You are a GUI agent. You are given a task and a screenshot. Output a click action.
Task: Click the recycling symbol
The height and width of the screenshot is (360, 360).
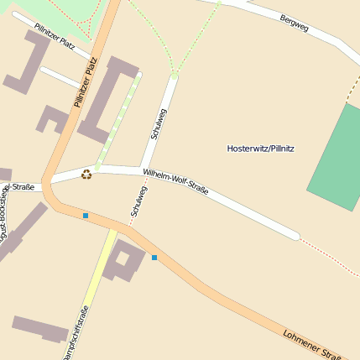(86, 175)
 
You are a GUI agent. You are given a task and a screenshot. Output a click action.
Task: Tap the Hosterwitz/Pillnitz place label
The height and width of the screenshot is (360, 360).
(260, 149)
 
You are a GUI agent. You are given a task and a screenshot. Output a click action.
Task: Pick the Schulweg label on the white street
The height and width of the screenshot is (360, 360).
(157, 123)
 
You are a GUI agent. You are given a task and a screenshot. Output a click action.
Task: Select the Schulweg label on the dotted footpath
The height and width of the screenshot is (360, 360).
(138, 201)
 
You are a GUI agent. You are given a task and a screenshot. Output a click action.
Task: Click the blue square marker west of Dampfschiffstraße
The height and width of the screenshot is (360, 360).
(86, 216)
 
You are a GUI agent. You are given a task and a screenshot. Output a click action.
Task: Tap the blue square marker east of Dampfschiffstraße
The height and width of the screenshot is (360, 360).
(154, 257)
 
